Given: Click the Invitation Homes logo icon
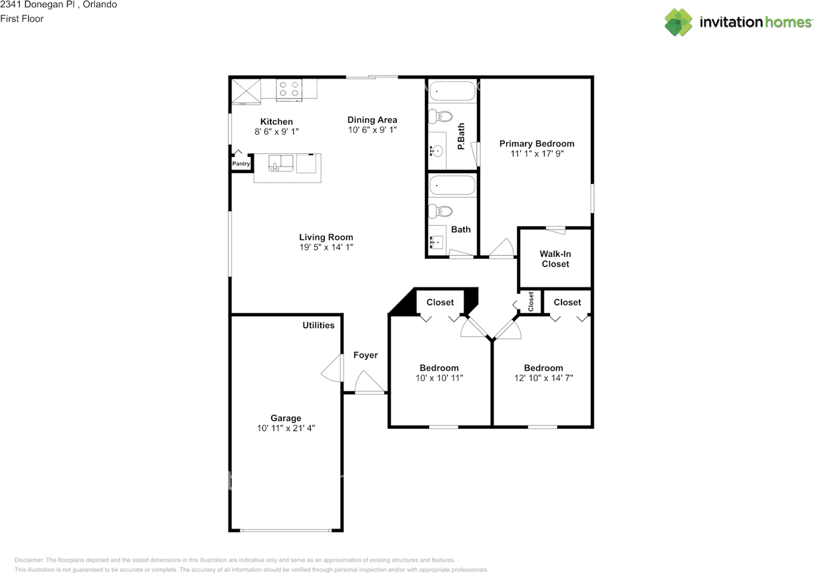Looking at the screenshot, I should [679, 22].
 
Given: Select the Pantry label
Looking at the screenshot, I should [240, 164].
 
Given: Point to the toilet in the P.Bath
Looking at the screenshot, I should [439, 116].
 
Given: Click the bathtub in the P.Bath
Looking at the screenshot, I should [452, 92].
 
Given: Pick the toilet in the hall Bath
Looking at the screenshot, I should [439, 211].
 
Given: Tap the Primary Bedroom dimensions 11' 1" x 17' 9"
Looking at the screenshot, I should [536, 153].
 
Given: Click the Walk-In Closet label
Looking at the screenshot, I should [555, 259].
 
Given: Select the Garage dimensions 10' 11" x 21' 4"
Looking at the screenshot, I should [286, 429].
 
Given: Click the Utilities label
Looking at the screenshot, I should [318, 325].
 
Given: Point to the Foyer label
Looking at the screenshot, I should [365, 355].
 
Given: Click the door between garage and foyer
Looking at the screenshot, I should [332, 368].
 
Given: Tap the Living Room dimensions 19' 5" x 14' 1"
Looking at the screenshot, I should [326, 247].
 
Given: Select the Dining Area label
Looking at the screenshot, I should [372, 120].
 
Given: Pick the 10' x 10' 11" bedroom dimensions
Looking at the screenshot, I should [439, 378].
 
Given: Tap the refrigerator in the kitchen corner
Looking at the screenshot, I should [245, 90].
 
